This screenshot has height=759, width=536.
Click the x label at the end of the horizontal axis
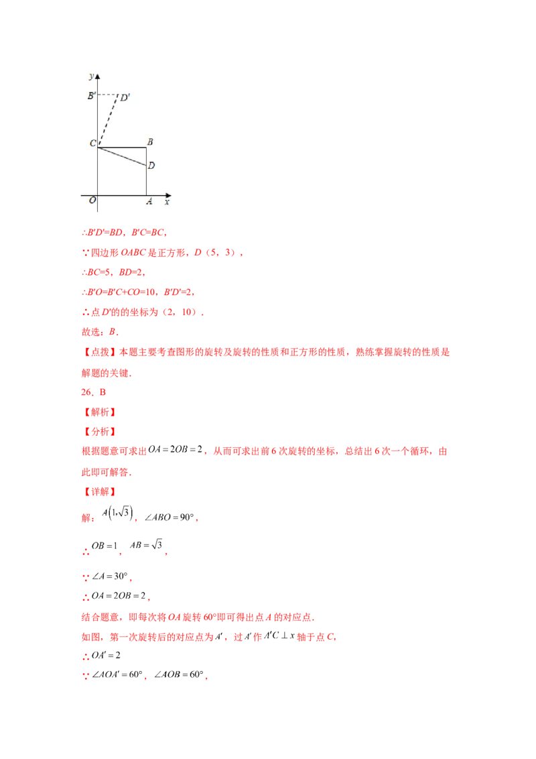[167, 201]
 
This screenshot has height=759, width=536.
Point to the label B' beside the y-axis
[91, 96]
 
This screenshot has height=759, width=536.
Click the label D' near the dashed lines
[125, 98]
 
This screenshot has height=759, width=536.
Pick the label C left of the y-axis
[92, 143]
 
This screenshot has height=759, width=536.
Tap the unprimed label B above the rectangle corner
[150, 142]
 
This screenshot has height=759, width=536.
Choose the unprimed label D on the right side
[151, 165]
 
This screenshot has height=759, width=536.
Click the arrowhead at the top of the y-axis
[98, 74]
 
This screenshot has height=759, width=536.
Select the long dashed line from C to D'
[108, 121]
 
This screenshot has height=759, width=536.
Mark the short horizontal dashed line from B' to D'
[107, 95]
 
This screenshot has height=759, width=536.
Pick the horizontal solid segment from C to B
[122, 148]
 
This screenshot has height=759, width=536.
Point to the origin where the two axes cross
[98, 196]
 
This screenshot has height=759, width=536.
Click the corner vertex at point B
[146, 148]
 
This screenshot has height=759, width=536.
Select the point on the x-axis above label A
[146, 196]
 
